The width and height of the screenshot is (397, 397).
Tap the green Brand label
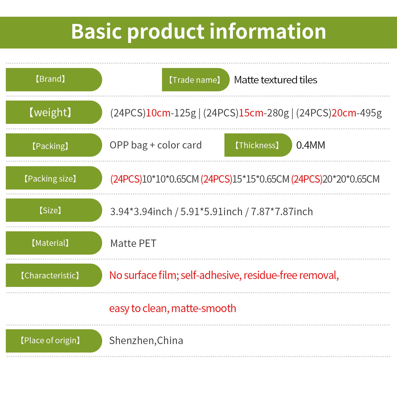coord(54,80)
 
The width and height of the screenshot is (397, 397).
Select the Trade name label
coord(196,80)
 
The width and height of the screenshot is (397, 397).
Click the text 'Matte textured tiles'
coord(276,80)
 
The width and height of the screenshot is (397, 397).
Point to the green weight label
coord(54,112)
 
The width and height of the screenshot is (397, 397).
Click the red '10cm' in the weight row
coord(158,113)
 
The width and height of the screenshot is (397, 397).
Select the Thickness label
coord(258,145)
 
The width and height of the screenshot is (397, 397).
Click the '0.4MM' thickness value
coord(311,145)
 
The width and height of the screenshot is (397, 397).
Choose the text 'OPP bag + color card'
coord(156,145)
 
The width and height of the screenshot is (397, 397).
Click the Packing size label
coord(54,178)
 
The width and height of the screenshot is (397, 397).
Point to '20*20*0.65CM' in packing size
coord(351,179)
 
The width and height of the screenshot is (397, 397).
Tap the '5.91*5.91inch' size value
coord(211,212)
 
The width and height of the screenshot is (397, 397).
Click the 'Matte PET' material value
coord(133,243)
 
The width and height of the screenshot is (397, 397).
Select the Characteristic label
coord(54,275)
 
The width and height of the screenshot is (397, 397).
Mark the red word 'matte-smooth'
coord(204,308)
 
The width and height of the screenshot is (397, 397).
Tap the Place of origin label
coord(54,341)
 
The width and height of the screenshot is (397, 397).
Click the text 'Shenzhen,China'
coord(146,341)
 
